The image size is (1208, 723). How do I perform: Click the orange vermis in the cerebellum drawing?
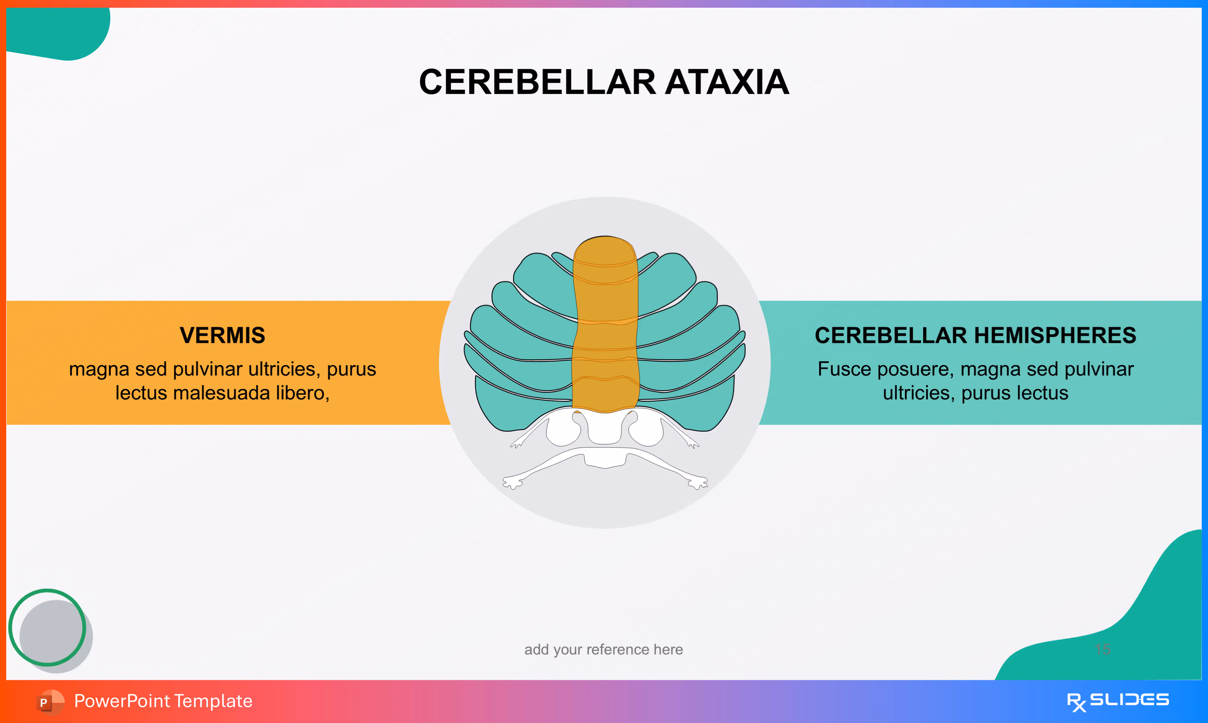pyautogui.click(x=605, y=331)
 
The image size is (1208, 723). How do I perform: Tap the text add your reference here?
pyautogui.click(x=604, y=650)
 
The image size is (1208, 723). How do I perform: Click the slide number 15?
pyautogui.click(x=1102, y=650)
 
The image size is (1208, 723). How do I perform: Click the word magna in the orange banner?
pyautogui.click(x=99, y=369)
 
